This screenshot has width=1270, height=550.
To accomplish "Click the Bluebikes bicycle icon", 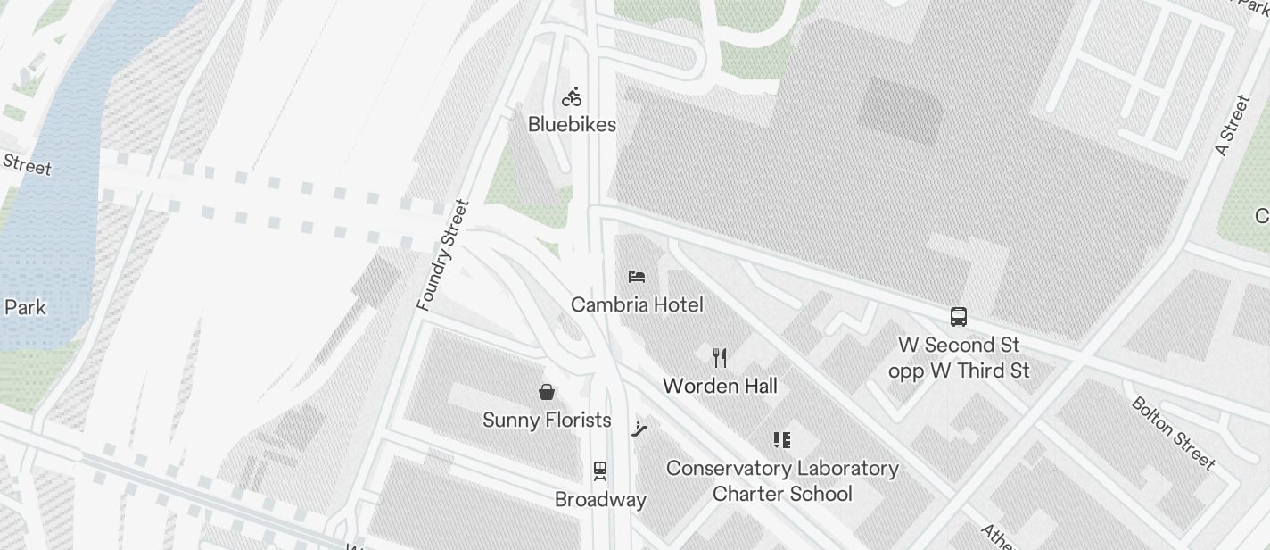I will (x=572, y=97).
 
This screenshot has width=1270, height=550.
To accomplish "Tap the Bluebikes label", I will (x=572, y=124).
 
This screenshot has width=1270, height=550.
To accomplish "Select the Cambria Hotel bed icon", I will (x=637, y=277).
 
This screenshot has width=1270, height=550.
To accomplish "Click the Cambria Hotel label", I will (x=637, y=304).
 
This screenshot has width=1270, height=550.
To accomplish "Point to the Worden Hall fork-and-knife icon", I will (x=720, y=358).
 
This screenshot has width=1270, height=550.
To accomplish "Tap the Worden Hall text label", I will (x=720, y=386).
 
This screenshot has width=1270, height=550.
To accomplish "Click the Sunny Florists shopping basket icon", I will (x=547, y=392).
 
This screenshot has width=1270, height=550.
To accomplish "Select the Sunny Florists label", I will (x=547, y=420).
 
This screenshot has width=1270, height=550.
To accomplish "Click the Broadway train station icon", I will (x=600, y=471).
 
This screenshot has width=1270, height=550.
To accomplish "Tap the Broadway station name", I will (x=600, y=499).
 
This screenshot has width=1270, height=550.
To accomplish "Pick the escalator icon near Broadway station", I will (x=639, y=429).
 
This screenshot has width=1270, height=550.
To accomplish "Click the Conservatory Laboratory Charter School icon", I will (x=782, y=440).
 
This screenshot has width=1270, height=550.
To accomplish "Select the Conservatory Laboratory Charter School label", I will (x=782, y=480).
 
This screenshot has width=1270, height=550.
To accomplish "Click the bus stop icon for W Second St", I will (x=959, y=317).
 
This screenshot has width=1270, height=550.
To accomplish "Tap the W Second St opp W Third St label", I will (x=959, y=357).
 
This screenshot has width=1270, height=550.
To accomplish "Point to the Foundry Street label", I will (x=443, y=255).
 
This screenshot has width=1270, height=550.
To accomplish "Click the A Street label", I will (x=1233, y=126).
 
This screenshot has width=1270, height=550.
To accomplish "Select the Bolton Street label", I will (x=1173, y=433).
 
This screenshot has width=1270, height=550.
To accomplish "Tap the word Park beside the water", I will (x=25, y=307).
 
